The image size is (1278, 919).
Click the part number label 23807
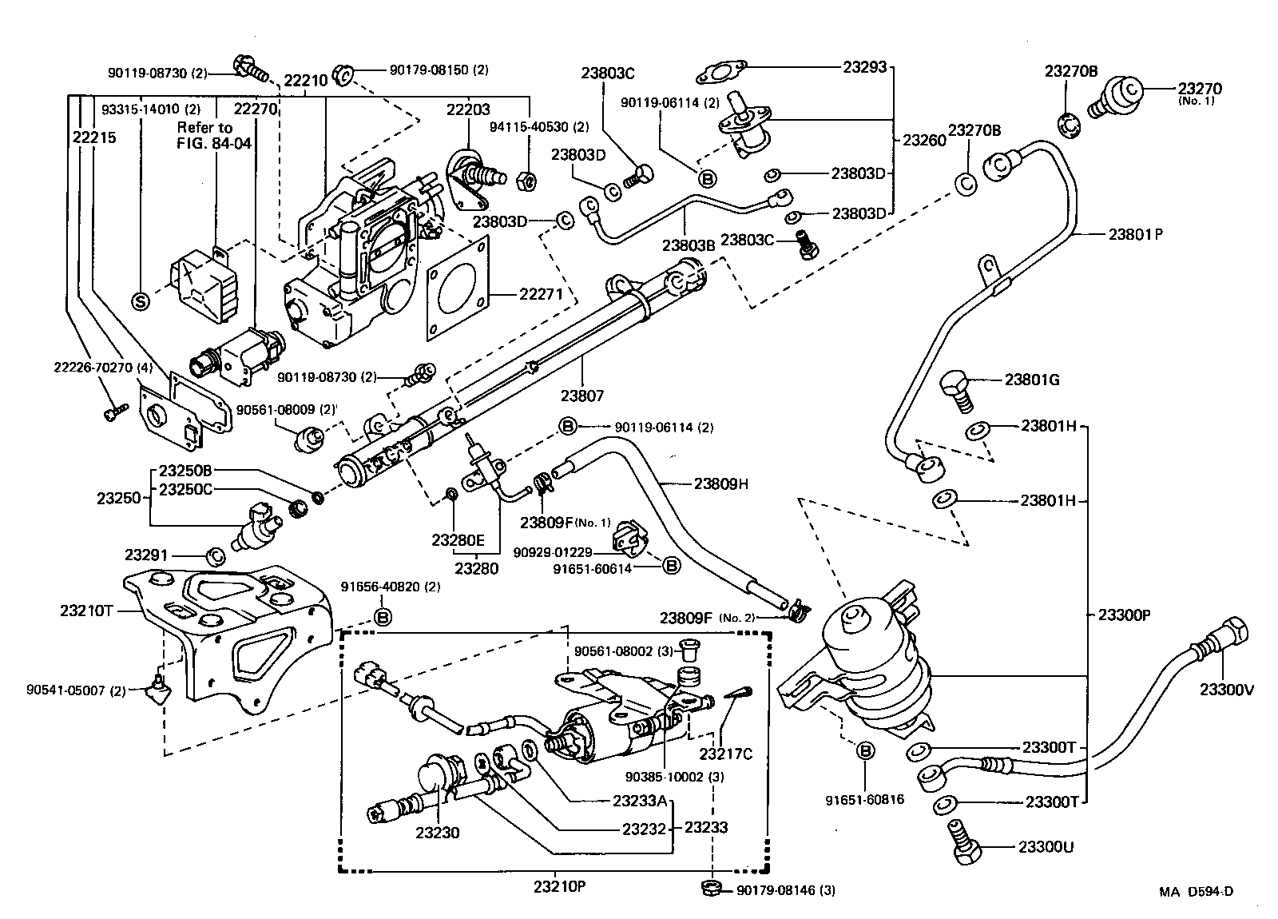point(581,395)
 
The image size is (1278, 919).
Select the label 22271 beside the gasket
point(541,295)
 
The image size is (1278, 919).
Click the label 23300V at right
point(1226,689)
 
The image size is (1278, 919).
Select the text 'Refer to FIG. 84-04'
point(204,136)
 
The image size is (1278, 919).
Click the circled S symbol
point(141,300)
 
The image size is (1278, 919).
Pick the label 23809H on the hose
point(720,483)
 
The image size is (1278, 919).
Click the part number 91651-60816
point(866,798)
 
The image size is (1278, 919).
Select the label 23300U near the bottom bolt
point(1046,847)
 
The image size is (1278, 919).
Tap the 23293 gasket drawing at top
point(722,72)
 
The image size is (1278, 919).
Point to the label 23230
point(437,833)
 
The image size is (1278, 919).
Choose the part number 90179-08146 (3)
point(785,889)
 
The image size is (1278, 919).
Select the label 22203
point(468,109)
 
